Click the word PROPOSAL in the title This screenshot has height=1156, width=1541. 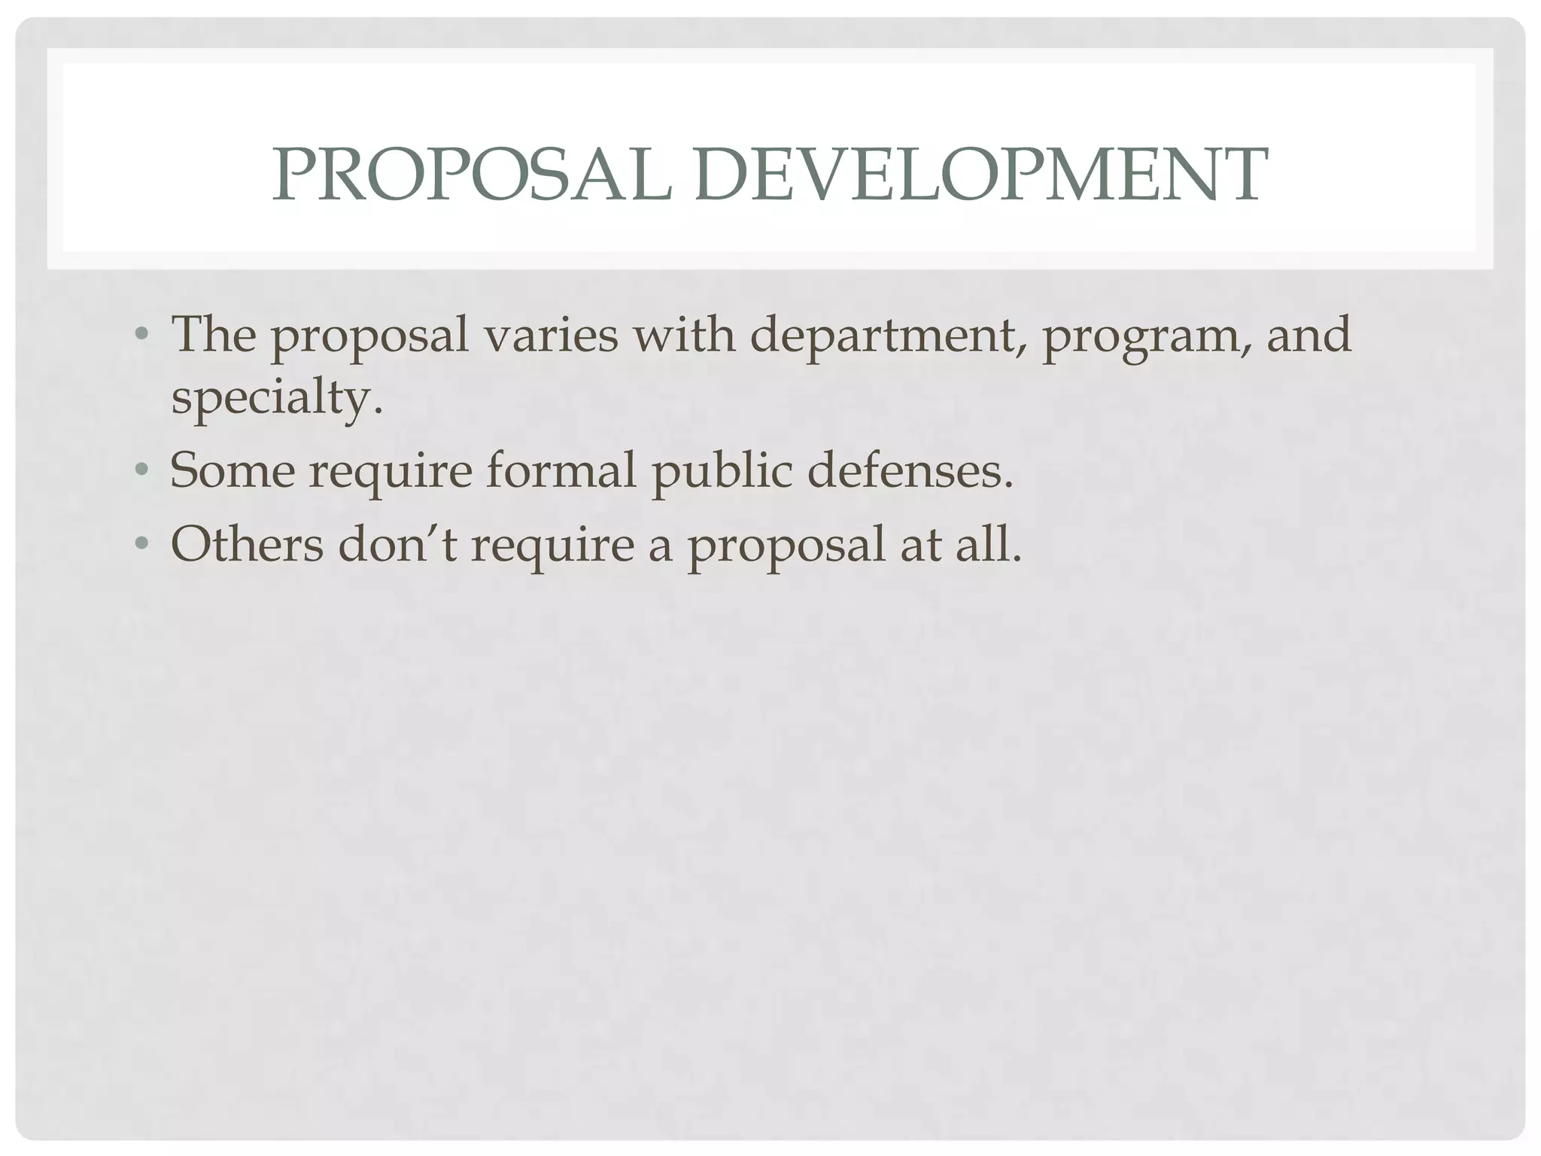click(472, 175)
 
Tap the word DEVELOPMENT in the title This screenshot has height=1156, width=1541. click(980, 175)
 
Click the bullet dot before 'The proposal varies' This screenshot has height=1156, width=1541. click(141, 333)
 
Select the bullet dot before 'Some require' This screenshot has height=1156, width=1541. click(141, 470)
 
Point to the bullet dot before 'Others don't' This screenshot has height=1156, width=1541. click(141, 544)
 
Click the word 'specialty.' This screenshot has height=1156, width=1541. click(277, 397)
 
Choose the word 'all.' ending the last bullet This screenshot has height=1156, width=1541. click(989, 544)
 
